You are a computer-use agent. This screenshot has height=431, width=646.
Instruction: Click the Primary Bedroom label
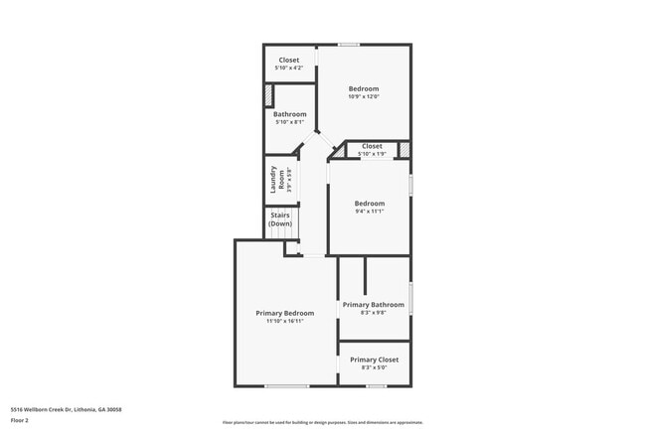(x=284, y=313)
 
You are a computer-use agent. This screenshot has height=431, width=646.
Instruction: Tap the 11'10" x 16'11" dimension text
(x=284, y=321)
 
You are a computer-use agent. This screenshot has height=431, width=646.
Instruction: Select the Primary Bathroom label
(x=374, y=305)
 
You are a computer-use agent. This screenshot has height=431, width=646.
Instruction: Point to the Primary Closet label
(x=374, y=359)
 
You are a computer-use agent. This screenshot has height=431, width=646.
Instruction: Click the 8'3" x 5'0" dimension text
(x=374, y=367)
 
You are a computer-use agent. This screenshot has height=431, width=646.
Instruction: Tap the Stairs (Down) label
(x=280, y=219)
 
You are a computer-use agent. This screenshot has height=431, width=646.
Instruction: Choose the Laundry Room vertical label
(x=279, y=179)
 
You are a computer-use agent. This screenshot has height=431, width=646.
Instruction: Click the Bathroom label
(x=289, y=114)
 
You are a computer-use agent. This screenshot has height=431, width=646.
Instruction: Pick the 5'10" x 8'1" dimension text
(x=289, y=122)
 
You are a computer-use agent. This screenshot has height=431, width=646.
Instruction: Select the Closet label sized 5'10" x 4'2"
(x=288, y=60)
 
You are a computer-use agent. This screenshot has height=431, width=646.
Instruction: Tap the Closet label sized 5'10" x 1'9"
(x=372, y=146)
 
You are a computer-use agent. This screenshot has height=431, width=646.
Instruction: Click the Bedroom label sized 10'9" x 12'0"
(x=363, y=89)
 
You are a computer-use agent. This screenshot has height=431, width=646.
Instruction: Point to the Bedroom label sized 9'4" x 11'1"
(x=369, y=204)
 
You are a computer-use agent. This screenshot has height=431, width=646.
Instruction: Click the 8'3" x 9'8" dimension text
(x=374, y=313)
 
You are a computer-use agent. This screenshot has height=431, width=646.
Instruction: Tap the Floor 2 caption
(x=20, y=421)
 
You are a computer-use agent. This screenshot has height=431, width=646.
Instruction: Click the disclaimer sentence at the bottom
(x=322, y=422)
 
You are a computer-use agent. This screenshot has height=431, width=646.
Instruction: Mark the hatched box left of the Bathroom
(x=267, y=95)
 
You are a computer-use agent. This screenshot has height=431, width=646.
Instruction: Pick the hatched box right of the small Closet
(x=404, y=150)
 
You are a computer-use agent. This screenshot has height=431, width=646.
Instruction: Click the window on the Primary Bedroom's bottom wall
(x=286, y=385)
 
